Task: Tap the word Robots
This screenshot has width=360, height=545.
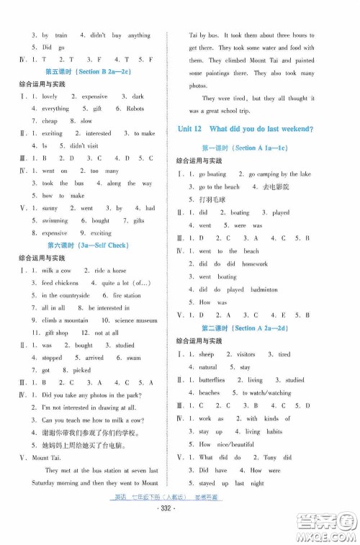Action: [x=135, y=109]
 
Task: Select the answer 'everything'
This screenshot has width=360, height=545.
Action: [x=55, y=109]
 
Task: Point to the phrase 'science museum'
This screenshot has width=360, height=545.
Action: [x=136, y=320]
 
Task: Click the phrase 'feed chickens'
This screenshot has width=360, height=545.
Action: [x=59, y=283]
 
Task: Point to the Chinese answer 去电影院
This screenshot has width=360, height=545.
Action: [x=274, y=186]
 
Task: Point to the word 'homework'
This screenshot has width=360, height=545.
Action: [x=254, y=264]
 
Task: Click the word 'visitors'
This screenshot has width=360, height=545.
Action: [x=246, y=355]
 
